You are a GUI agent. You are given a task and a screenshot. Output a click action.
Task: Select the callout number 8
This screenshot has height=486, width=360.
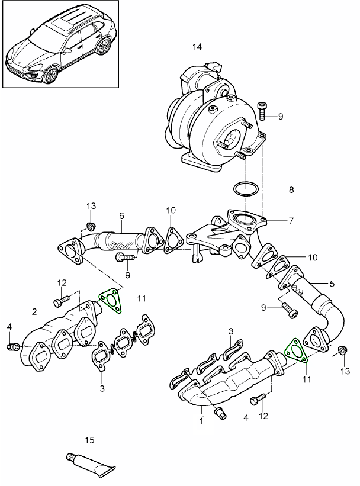pos(291,191)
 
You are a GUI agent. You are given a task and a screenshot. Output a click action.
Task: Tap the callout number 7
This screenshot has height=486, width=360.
pos(291,221)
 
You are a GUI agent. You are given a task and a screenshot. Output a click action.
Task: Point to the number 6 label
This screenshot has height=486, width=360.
pos(121,217)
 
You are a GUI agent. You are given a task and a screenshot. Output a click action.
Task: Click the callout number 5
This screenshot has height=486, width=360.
pos(332,283)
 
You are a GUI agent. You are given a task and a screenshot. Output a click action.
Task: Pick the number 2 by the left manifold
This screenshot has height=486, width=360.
pos(34,311)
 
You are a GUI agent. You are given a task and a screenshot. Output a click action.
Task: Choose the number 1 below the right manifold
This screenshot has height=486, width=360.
pos(201,421)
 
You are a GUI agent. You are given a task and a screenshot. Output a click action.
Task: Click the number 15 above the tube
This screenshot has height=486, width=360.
pos(89,440)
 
